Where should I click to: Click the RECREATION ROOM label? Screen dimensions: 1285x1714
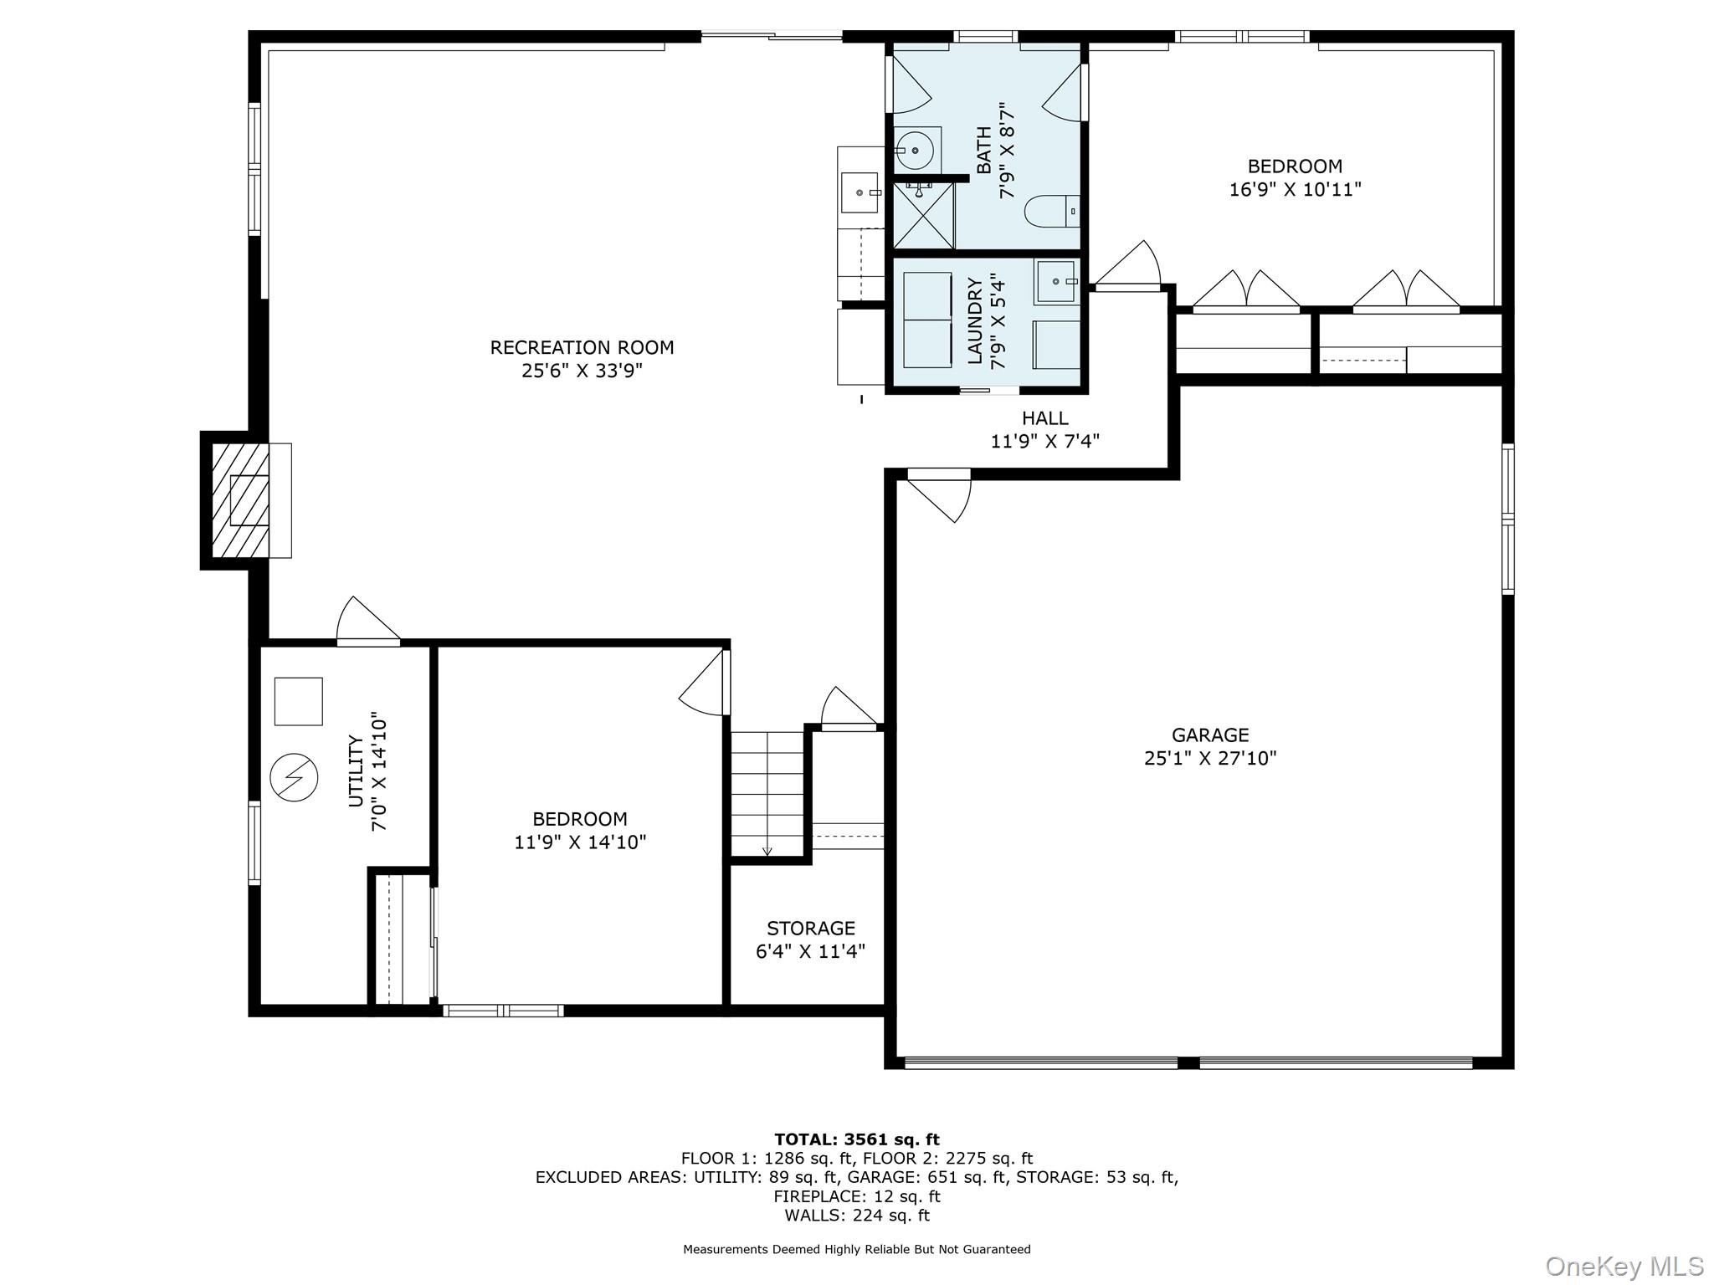582,347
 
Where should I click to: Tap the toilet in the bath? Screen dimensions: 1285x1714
1051,211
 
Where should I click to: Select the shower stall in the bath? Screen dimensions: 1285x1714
923,216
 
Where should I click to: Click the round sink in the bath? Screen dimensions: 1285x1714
916,150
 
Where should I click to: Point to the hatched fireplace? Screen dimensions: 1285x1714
240,500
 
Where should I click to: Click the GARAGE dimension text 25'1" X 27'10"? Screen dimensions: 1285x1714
1209,759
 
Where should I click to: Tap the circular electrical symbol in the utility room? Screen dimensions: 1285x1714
294,777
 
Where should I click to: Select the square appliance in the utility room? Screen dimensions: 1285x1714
298,701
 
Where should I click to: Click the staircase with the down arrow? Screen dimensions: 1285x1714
767,794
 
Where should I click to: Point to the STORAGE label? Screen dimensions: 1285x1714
810,928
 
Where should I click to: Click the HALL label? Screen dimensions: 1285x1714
1044,417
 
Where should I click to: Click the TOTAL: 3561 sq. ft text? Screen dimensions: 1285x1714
856,1139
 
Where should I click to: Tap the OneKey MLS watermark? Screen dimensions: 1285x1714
1624,1266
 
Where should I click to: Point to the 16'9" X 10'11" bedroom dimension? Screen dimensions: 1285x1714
1295,190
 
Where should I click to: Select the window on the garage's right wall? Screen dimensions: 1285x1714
1508,519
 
